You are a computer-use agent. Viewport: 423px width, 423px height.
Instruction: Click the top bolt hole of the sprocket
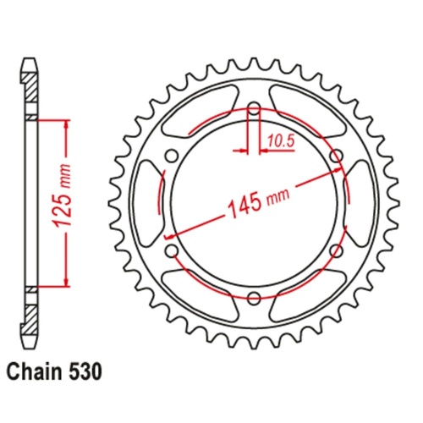[254, 107]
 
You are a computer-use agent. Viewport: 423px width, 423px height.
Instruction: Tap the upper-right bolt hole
[336, 155]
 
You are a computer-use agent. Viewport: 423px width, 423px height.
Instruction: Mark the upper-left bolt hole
[172, 155]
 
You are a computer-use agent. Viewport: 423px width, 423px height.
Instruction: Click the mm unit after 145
[277, 196]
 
